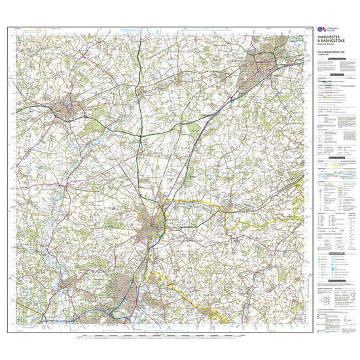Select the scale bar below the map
point(164,333)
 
